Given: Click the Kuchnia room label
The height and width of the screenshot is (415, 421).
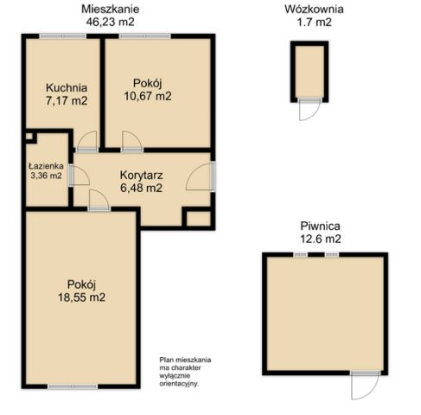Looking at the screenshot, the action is click(x=67, y=87).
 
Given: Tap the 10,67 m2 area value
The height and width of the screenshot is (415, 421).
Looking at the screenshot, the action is click(x=148, y=96).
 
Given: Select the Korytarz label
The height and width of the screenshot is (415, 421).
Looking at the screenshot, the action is click(x=142, y=175).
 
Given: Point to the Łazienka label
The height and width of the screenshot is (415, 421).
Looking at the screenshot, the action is click(x=46, y=166).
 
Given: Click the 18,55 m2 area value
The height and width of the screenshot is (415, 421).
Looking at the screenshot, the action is click(x=82, y=297).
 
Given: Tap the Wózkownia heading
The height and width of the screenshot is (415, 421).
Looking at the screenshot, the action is click(x=314, y=10).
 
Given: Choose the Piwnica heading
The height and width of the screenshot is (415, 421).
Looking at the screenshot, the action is click(x=320, y=226).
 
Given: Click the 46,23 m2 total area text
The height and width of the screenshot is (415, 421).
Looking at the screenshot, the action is click(x=111, y=22).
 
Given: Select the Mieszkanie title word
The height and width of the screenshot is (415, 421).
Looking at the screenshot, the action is click(x=111, y=9).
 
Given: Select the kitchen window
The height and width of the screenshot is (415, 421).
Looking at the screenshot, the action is click(x=63, y=36).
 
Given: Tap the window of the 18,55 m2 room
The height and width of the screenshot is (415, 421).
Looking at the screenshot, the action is click(x=73, y=386).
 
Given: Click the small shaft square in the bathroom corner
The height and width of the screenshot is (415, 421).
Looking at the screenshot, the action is click(x=29, y=137).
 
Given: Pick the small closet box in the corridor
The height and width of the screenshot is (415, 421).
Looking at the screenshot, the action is click(x=199, y=219).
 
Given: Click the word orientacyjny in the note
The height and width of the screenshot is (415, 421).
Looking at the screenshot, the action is click(x=179, y=384).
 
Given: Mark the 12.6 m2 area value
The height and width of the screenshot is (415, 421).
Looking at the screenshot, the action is click(x=321, y=239).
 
